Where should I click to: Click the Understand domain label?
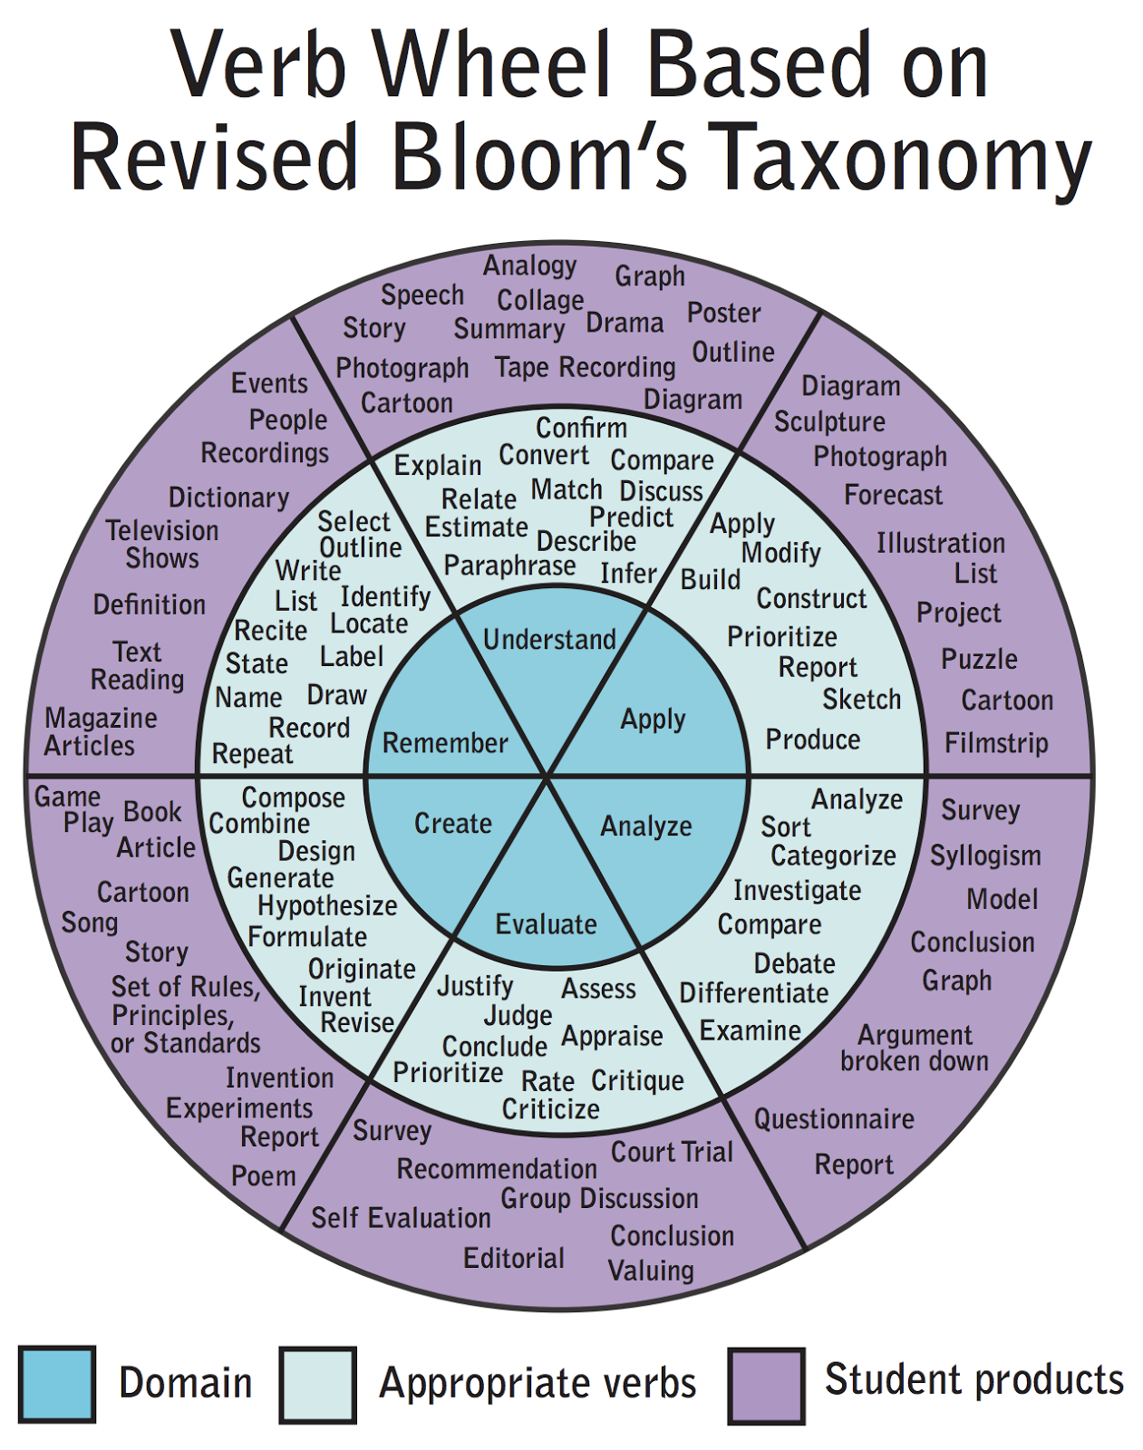(x=549, y=640)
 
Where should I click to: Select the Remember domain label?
(x=445, y=743)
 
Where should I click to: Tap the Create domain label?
(x=452, y=824)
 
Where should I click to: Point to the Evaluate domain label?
(x=546, y=924)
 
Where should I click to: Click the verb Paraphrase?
(x=509, y=566)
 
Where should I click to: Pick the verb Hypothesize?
(x=327, y=906)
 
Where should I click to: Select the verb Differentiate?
(x=754, y=993)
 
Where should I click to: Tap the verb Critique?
(x=637, y=1080)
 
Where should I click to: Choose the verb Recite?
(x=271, y=631)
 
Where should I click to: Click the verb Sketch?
(x=861, y=700)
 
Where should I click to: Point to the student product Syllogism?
(x=985, y=855)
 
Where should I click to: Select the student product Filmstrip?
(x=996, y=743)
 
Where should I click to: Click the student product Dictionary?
(x=228, y=498)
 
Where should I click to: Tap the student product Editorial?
(x=514, y=1259)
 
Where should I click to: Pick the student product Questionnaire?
(x=834, y=1119)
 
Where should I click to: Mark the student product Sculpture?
(x=829, y=422)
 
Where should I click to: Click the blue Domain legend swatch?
(x=56, y=1384)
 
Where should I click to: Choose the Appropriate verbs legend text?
(x=538, y=1384)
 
